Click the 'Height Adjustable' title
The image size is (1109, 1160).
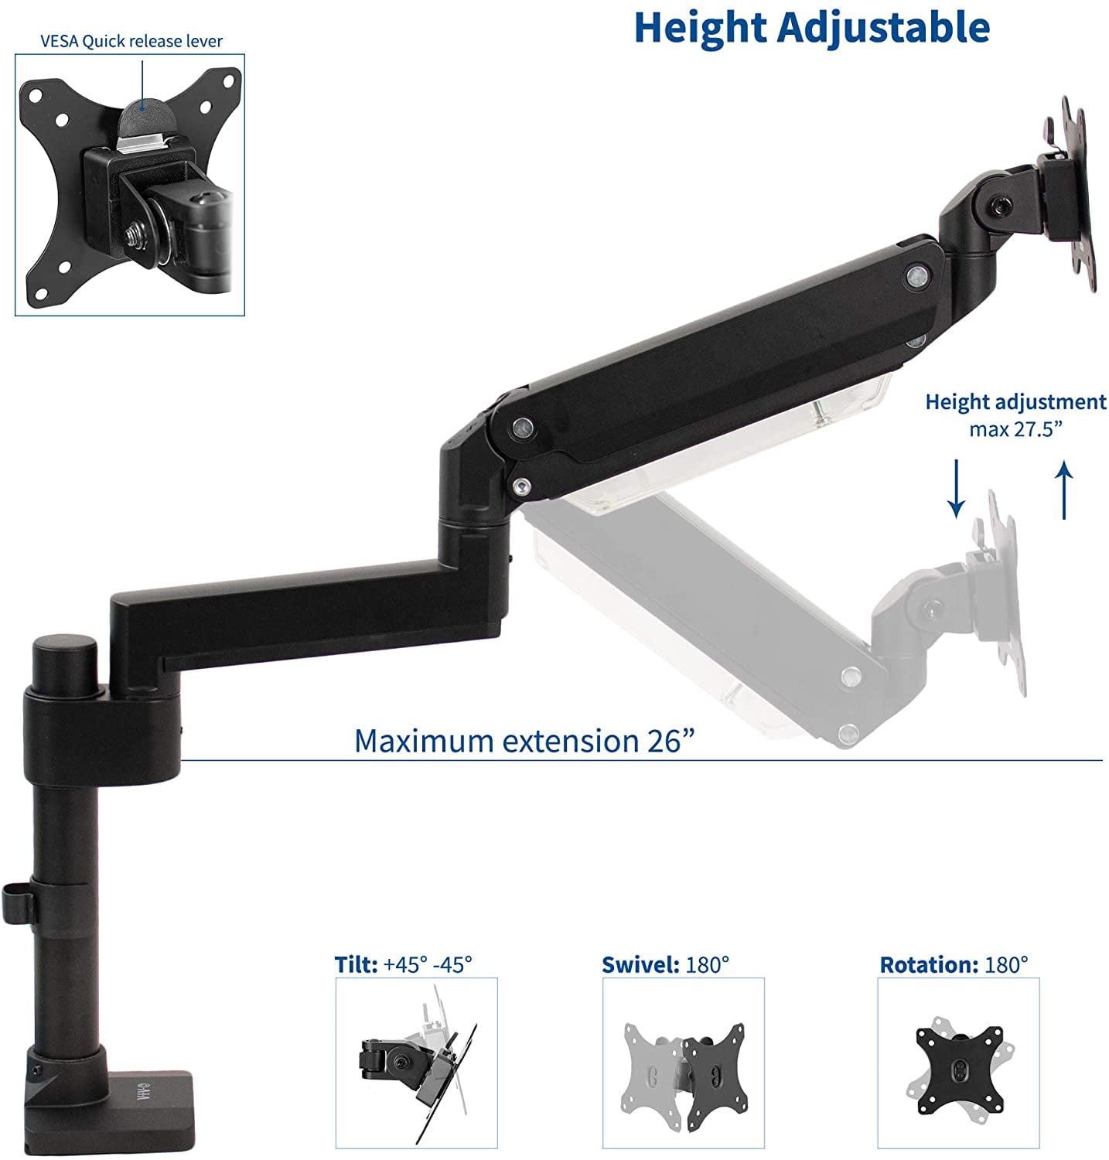(811, 28)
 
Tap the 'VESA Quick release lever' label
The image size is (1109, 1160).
(131, 41)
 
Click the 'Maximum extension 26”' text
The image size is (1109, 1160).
(524, 740)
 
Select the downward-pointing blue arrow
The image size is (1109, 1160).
(957, 488)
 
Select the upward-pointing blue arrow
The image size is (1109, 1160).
(1065, 490)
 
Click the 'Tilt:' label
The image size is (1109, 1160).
(357, 964)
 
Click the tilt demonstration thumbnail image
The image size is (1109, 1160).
(416, 1063)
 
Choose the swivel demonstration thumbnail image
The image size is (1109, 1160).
(683, 1063)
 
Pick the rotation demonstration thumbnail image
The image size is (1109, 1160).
(958, 1063)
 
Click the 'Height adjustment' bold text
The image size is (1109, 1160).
(1015, 402)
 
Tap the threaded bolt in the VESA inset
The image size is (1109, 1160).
(131, 233)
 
